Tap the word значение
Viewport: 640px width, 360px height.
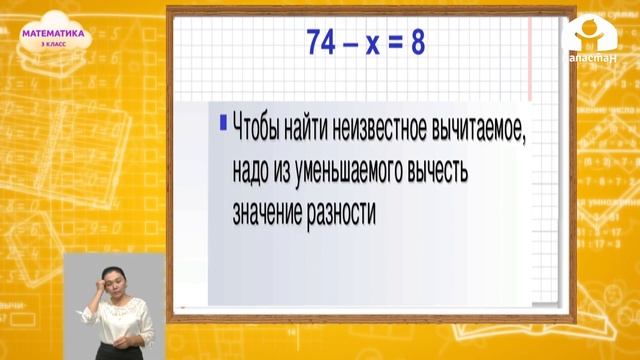[x=269, y=214]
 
